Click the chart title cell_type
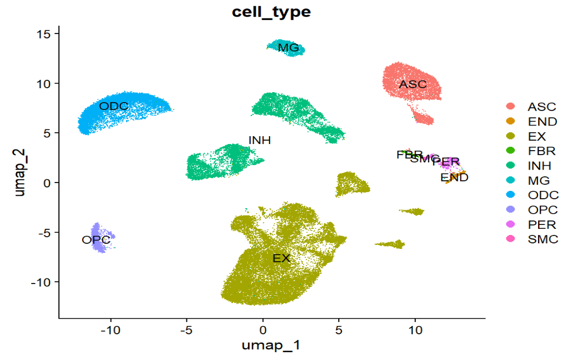click(x=271, y=12)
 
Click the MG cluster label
click(x=289, y=48)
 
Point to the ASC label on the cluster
click(x=413, y=84)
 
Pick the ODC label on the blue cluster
click(x=114, y=106)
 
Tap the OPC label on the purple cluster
click(x=96, y=240)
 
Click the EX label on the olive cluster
click(x=281, y=258)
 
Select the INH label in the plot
click(x=260, y=141)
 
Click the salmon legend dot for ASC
click(x=510, y=107)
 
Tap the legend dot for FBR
click(x=510, y=151)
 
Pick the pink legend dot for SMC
click(x=510, y=239)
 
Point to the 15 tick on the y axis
click(x=45, y=34)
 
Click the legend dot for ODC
click(x=510, y=195)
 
